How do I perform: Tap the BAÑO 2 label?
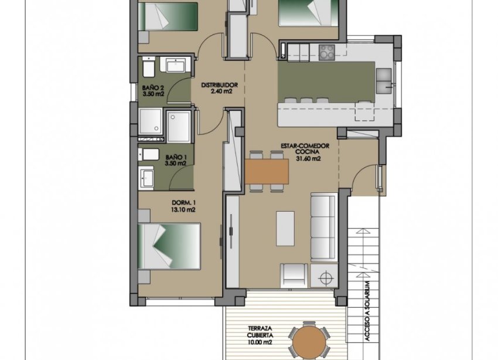[x=154, y=88]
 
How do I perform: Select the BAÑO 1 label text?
[x=176, y=157]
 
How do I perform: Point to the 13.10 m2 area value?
[x=183, y=209]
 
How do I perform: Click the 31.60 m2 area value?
[x=308, y=158]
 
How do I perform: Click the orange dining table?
[x=267, y=171]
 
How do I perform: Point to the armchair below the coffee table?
[x=293, y=274]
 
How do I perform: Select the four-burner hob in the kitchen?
[x=325, y=52]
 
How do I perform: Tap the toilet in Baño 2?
[x=148, y=69]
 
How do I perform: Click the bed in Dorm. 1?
[x=169, y=246]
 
